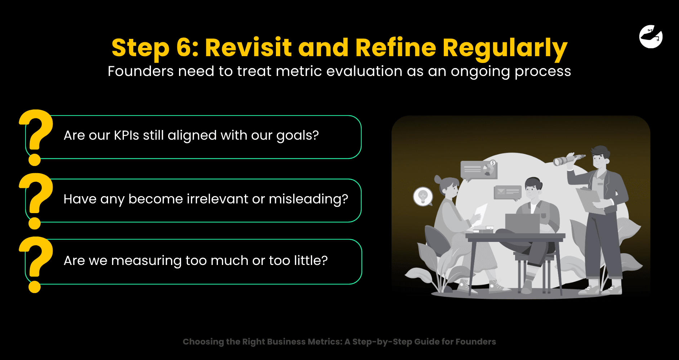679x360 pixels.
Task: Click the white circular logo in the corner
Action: click(651, 36)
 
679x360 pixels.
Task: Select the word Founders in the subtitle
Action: click(140, 71)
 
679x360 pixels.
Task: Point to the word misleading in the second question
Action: click(308, 199)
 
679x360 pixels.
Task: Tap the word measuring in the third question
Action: click(146, 261)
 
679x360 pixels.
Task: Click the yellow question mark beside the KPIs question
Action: click(36, 137)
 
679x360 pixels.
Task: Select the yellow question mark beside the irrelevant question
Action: click(36, 201)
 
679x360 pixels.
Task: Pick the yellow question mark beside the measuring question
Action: click(36, 264)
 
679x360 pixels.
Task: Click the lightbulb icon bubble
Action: click(423, 197)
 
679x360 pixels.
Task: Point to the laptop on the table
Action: click(522, 223)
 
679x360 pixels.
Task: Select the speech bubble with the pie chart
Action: click(479, 170)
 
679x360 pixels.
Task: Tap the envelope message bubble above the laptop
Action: click(507, 193)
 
